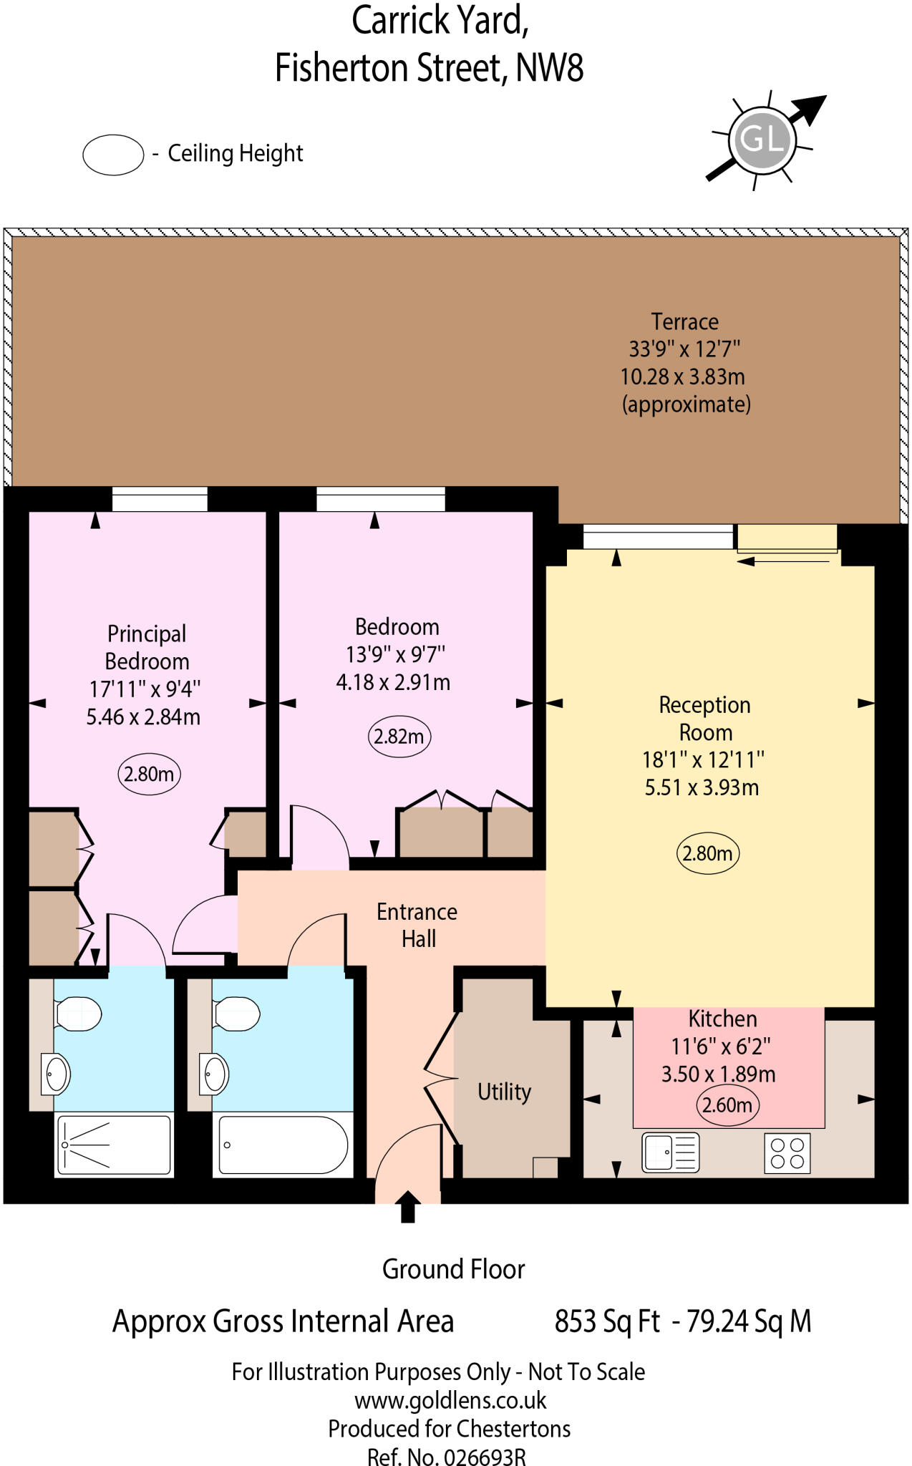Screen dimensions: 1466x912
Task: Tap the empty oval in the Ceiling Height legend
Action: [113, 154]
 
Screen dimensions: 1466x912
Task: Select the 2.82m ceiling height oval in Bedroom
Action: [399, 737]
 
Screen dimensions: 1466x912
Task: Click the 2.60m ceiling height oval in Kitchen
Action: [727, 1105]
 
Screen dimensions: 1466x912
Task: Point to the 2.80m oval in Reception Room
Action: [707, 853]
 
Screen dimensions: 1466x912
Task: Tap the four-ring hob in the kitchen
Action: [787, 1152]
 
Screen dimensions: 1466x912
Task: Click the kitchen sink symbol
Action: [670, 1152]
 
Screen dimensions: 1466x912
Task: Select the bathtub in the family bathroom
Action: [283, 1145]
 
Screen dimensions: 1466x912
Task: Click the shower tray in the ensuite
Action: [115, 1145]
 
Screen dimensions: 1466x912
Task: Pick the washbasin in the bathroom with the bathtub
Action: [213, 1074]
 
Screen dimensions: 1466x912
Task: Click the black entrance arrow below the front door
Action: [407, 1207]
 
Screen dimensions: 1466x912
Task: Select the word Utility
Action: [504, 1092]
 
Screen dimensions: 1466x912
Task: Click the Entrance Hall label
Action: [417, 925]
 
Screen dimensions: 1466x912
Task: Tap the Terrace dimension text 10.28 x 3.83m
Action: [682, 377]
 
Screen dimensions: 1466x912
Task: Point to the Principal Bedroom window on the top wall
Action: [160, 499]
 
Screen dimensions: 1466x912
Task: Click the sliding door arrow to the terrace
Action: [783, 561]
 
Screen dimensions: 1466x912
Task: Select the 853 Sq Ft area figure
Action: [607, 1321]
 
